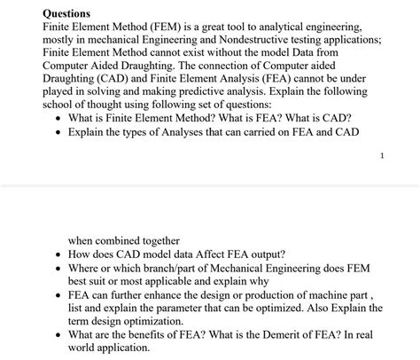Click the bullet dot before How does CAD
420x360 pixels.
pyautogui.click(x=58, y=254)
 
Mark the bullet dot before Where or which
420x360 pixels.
pyautogui.click(x=58, y=268)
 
